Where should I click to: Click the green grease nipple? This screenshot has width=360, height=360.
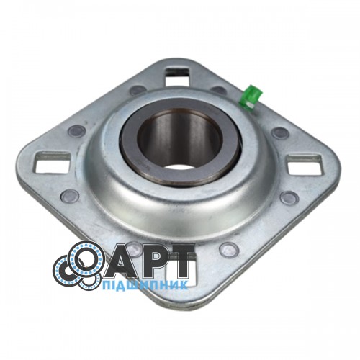(x=251, y=97)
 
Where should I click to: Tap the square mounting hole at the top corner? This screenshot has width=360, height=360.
(x=178, y=77)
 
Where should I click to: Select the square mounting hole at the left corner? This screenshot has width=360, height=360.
(x=52, y=162)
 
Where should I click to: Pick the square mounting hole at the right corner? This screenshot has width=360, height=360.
(x=305, y=163)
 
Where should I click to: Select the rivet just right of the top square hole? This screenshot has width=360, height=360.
(x=219, y=90)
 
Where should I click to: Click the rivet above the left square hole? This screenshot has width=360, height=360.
(x=76, y=131)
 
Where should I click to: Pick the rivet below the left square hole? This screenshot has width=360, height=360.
(x=70, y=196)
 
